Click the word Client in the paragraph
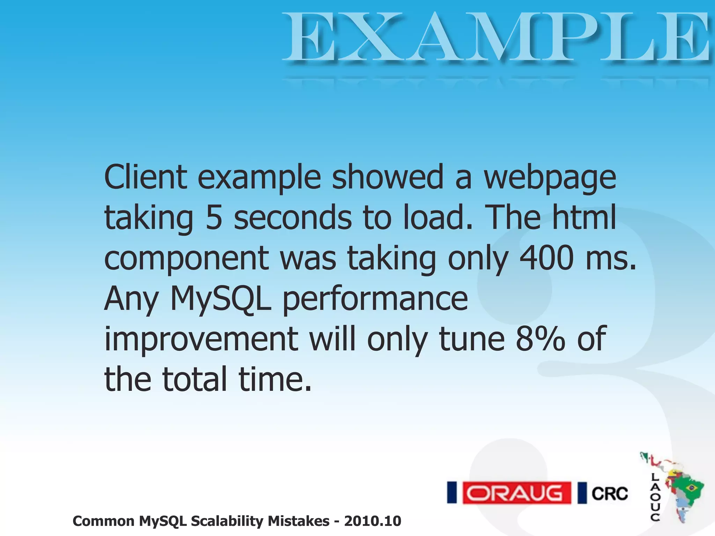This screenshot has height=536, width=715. (x=146, y=177)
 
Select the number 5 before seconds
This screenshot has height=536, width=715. (x=214, y=218)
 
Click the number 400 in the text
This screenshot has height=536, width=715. (x=547, y=258)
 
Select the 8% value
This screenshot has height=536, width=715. (x=540, y=338)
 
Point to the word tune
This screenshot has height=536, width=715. (x=472, y=338)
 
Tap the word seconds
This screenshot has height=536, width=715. (x=293, y=218)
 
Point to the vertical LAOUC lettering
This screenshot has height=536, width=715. (x=655, y=497)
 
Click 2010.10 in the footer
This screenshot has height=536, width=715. (x=373, y=521)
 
